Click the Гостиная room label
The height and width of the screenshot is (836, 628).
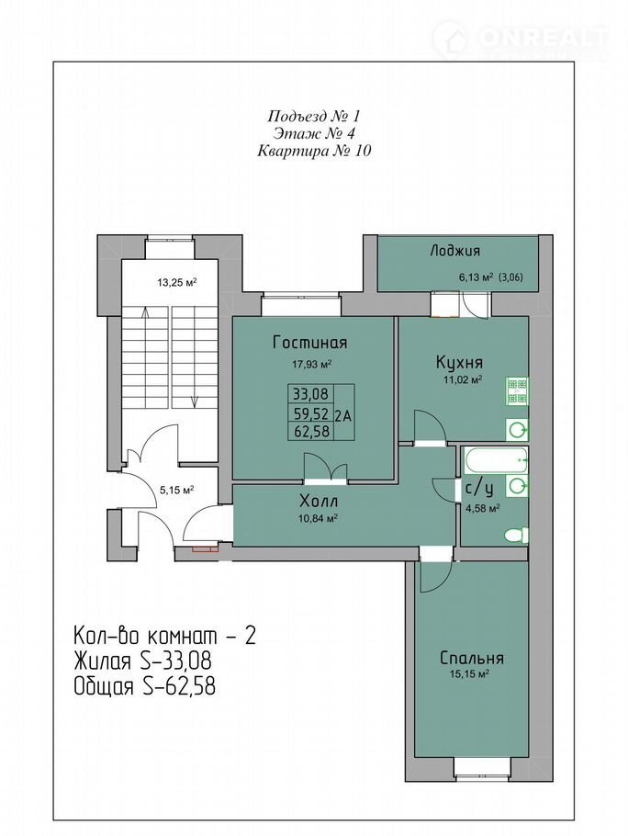(309, 343)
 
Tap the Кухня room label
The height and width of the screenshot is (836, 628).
(459, 363)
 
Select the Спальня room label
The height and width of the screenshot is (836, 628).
(472, 658)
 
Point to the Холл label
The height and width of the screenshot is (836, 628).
(319, 502)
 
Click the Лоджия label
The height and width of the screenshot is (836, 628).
(454, 251)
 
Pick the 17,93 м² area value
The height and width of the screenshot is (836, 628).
(312, 365)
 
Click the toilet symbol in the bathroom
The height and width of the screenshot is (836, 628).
(516, 535)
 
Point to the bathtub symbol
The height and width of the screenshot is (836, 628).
(497, 460)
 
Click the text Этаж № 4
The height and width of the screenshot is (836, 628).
(314, 133)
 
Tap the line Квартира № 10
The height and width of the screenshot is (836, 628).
(314, 151)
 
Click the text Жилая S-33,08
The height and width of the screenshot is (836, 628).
(142, 661)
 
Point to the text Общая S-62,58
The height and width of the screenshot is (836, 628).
(145, 686)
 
